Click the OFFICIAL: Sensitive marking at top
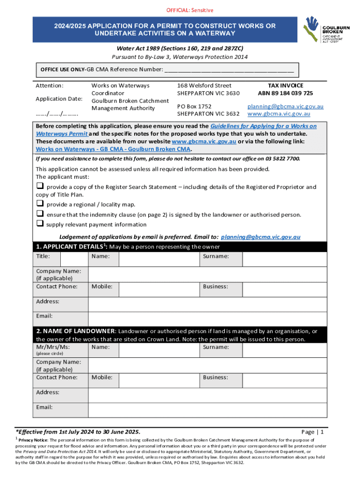(x=180, y=10)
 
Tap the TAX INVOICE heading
(x=285, y=86)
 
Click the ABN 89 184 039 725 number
(x=285, y=93)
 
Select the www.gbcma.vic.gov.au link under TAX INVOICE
(x=279, y=114)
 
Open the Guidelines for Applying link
(x=263, y=126)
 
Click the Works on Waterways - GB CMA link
(x=114, y=149)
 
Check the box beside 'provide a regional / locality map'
(x=40, y=204)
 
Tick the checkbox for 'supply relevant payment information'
(x=40, y=224)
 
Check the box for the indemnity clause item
(x=40, y=214)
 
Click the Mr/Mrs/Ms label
(x=53, y=347)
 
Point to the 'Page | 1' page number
(x=313, y=432)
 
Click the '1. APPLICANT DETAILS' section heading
(x=69, y=247)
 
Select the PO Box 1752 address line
(x=194, y=106)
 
